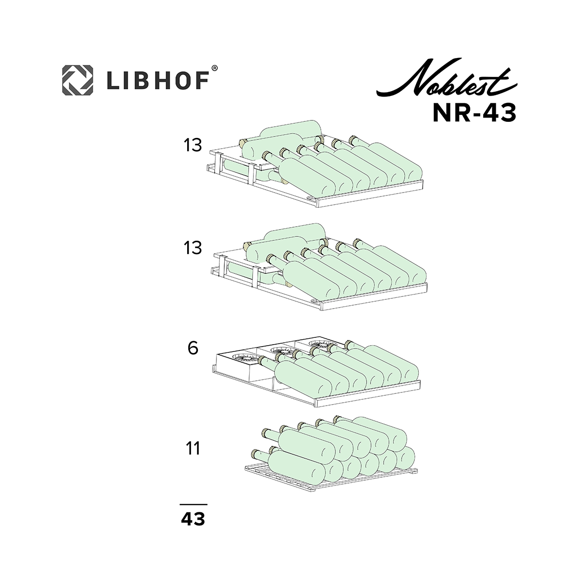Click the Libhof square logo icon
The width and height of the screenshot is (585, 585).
tap(78, 80)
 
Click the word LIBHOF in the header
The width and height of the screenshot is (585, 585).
tap(158, 80)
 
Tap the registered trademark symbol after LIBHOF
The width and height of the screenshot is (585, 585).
tap(214, 69)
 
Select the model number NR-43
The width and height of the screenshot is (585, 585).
tap(474, 113)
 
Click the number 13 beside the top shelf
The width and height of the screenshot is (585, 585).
tap(193, 145)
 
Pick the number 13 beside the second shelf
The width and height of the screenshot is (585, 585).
tap(193, 248)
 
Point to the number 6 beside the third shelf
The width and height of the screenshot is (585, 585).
tap(193, 348)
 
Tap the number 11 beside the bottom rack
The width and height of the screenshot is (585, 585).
tap(193, 448)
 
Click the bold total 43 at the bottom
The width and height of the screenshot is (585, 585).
tap(193, 519)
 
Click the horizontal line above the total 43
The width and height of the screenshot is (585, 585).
tap(194, 505)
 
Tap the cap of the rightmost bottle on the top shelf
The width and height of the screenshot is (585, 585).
tap(352, 140)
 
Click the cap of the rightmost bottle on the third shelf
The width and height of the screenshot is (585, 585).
tap(348, 344)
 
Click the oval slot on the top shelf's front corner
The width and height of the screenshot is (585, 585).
tap(311, 197)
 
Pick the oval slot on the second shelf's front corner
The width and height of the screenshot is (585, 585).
tap(314, 301)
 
